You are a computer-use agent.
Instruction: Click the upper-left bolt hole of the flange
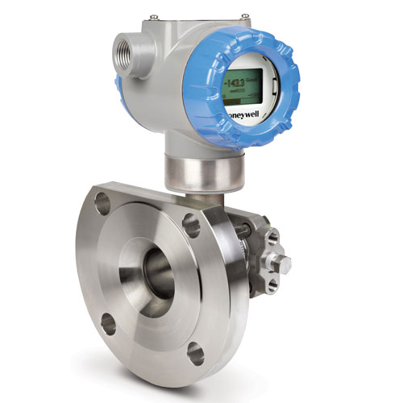102,198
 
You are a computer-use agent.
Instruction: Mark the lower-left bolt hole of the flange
105,324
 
